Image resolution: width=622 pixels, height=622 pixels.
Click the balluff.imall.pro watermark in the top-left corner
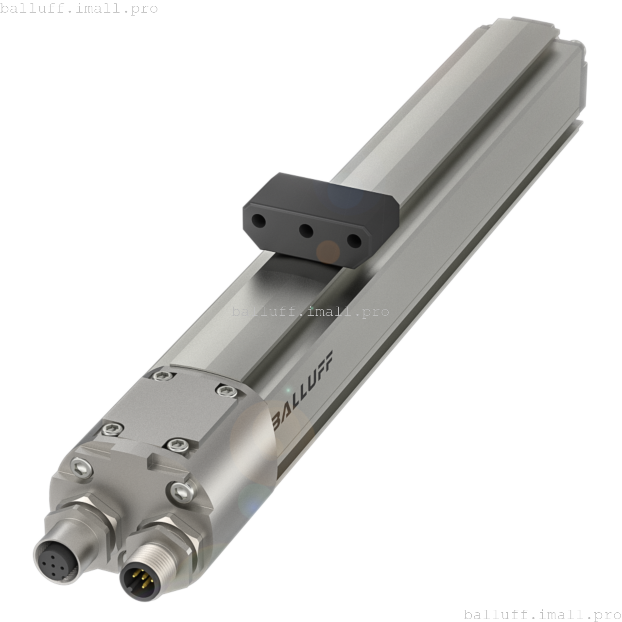tap(79, 8)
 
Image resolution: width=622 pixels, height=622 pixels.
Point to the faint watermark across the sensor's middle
tap(310, 311)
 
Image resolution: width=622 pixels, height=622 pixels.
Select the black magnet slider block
tap(321, 219)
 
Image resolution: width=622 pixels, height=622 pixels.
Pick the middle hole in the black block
tap(306, 231)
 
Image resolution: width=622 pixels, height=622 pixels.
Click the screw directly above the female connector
tap(82, 467)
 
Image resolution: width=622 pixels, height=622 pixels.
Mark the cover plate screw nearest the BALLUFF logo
tap(226, 391)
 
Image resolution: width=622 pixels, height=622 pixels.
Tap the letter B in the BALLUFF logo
tap(278, 420)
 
